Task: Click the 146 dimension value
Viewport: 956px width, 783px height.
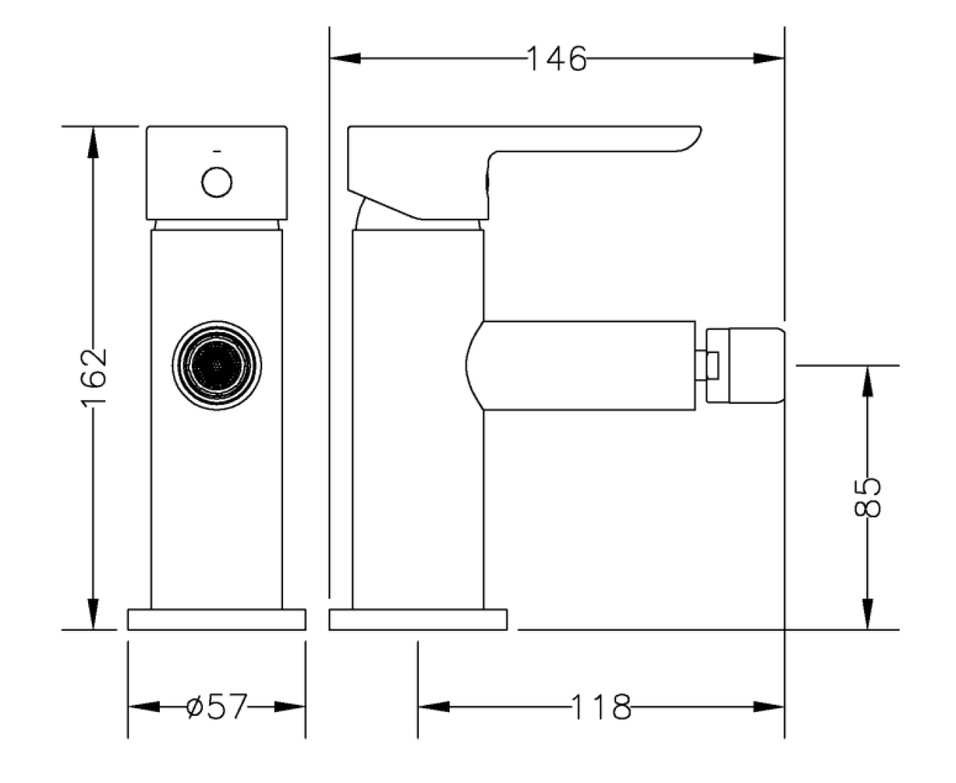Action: (x=556, y=58)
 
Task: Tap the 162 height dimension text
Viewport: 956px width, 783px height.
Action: (x=93, y=378)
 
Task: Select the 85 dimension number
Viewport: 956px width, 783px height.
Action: (x=867, y=496)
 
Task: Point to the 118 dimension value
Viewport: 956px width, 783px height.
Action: (x=600, y=707)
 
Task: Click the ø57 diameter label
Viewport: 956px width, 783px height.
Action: (x=217, y=706)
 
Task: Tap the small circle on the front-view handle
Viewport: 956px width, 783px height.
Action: (x=217, y=182)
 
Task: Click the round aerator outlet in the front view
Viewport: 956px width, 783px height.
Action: (x=217, y=365)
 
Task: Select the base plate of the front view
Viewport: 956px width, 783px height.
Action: (x=217, y=620)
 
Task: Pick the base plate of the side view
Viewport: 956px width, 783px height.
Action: (x=418, y=620)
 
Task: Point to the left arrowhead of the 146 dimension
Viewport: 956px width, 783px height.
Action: (x=345, y=58)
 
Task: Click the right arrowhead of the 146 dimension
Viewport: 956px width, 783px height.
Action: (x=769, y=58)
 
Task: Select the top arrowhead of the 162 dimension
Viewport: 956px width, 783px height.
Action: (x=93, y=143)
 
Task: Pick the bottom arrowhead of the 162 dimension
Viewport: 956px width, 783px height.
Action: (x=93, y=614)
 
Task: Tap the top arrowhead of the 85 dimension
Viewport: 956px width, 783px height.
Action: (x=867, y=381)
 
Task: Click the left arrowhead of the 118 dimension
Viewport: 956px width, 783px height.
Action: (x=434, y=707)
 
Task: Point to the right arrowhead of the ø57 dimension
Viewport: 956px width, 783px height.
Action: (x=290, y=707)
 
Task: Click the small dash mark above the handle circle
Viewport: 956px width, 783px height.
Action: (x=217, y=152)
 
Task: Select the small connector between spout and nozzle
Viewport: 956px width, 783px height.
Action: (x=707, y=365)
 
